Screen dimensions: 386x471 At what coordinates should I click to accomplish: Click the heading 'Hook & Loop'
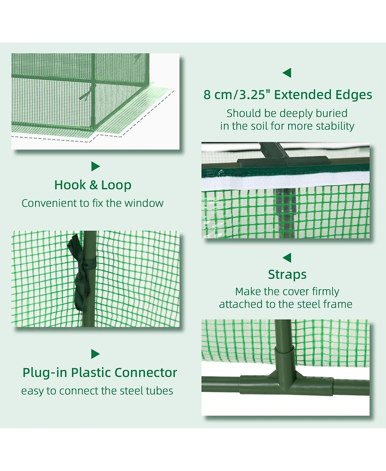(93, 185)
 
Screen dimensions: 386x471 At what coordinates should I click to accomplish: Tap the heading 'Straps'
(287, 275)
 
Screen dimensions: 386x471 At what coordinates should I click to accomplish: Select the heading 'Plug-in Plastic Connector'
(100, 373)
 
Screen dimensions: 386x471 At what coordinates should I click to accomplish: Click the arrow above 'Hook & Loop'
(96, 166)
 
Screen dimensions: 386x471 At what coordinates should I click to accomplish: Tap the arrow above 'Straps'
(287, 257)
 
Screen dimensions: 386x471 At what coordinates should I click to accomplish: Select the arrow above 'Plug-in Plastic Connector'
(96, 354)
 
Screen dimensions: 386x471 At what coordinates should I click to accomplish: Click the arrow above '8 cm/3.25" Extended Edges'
(287, 73)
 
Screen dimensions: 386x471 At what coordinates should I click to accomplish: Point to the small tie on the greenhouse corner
(84, 95)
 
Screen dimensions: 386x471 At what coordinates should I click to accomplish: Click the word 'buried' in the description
(332, 113)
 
